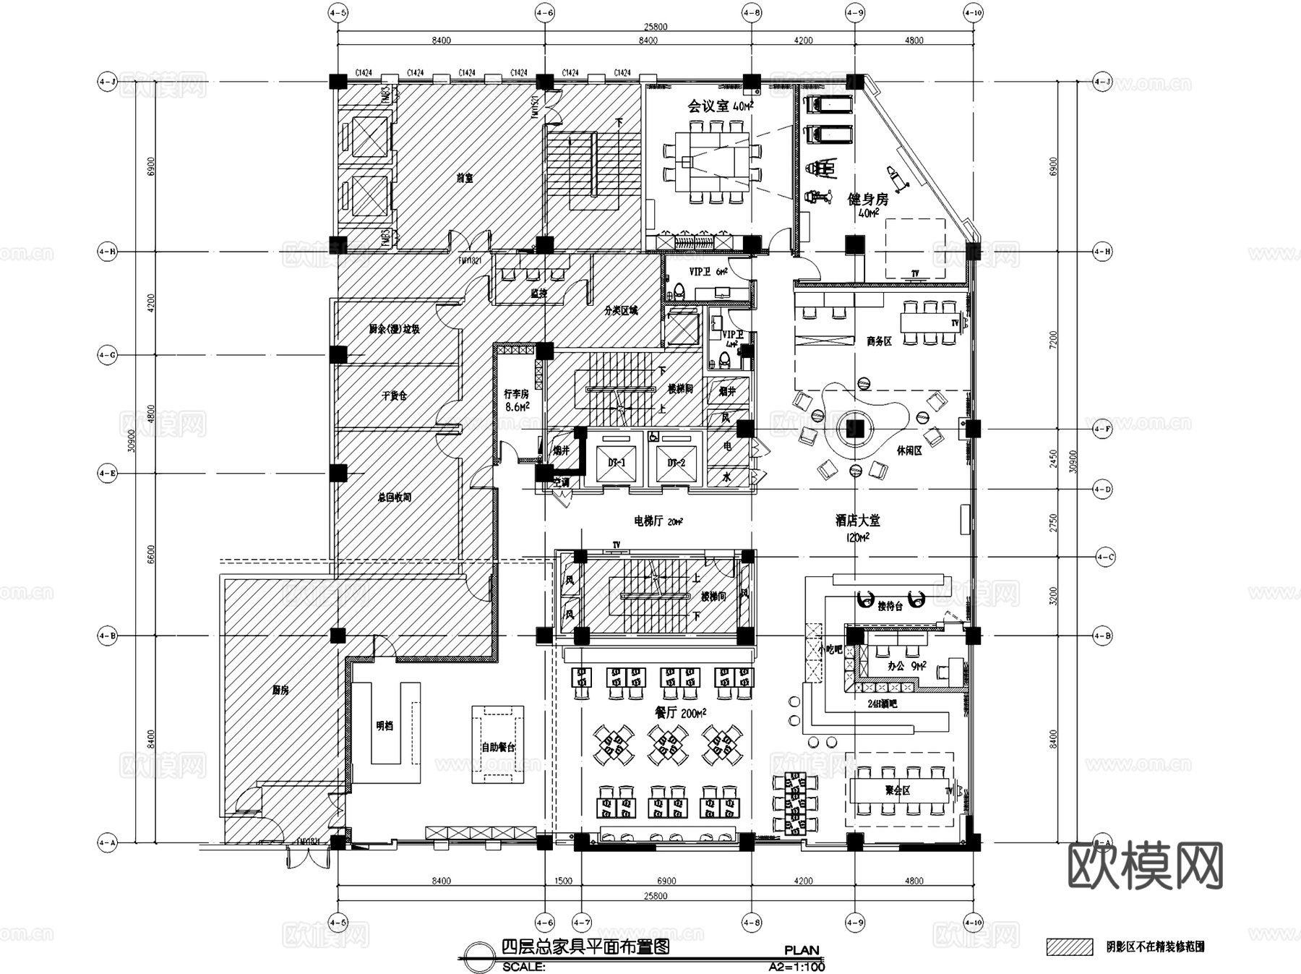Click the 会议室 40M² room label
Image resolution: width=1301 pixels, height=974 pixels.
(719, 106)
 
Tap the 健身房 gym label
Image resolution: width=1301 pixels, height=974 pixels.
(867, 200)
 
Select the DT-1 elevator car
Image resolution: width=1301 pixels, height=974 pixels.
(617, 463)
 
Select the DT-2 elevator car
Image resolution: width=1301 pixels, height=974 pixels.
(677, 463)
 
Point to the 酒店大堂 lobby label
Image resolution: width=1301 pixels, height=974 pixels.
(857, 520)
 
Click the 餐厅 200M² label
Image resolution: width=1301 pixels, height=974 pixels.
(679, 713)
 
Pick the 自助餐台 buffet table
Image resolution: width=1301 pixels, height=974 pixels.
(498, 746)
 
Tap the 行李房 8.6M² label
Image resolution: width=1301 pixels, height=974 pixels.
(516, 400)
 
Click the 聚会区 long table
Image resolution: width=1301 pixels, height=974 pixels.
(898, 790)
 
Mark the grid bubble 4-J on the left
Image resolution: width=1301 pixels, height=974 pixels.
(107, 82)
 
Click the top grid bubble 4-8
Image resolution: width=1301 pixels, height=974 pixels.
(752, 12)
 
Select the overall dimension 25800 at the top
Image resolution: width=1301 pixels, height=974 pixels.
(656, 27)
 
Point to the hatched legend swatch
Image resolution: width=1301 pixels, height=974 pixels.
(1070, 947)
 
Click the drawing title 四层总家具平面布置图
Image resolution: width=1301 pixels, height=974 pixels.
(585, 947)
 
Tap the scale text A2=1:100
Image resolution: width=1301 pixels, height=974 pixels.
(796, 966)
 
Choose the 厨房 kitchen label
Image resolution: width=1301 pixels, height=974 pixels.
(280, 691)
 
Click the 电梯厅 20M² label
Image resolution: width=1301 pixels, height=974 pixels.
(658, 521)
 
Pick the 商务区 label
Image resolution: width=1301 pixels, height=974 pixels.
(879, 341)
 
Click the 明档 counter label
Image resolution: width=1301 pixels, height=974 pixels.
(385, 725)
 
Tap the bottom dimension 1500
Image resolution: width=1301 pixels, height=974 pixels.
(563, 881)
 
